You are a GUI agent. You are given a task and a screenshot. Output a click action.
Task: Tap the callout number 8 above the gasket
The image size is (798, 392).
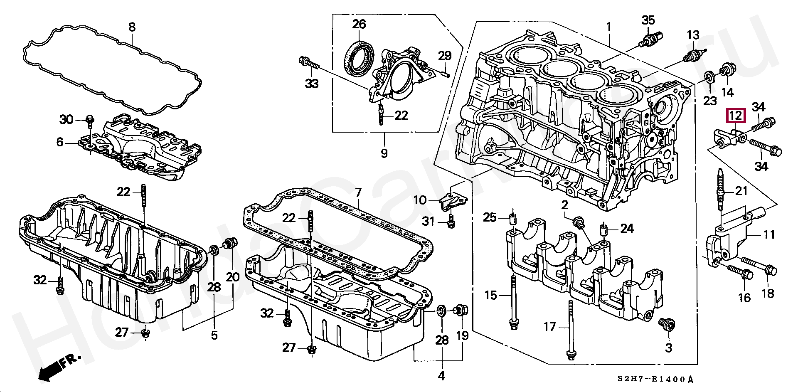click(132, 27)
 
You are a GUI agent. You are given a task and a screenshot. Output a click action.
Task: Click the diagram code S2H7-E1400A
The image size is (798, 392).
click(655, 379)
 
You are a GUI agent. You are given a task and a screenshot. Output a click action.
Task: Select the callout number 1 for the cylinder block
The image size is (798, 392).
click(608, 27)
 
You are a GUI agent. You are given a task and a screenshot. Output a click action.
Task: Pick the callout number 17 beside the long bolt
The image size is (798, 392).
click(549, 327)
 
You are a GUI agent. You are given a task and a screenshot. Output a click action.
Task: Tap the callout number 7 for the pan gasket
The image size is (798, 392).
click(358, 192)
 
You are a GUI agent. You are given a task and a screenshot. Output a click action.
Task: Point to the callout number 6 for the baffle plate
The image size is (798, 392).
click(60, 142)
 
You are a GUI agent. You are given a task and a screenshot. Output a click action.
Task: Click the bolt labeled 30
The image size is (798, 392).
click(90, 119)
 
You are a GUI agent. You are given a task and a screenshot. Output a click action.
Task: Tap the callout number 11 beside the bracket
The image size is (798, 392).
click(769, 235)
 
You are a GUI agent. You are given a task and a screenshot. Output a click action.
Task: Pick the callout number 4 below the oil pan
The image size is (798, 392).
click(441, 376)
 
